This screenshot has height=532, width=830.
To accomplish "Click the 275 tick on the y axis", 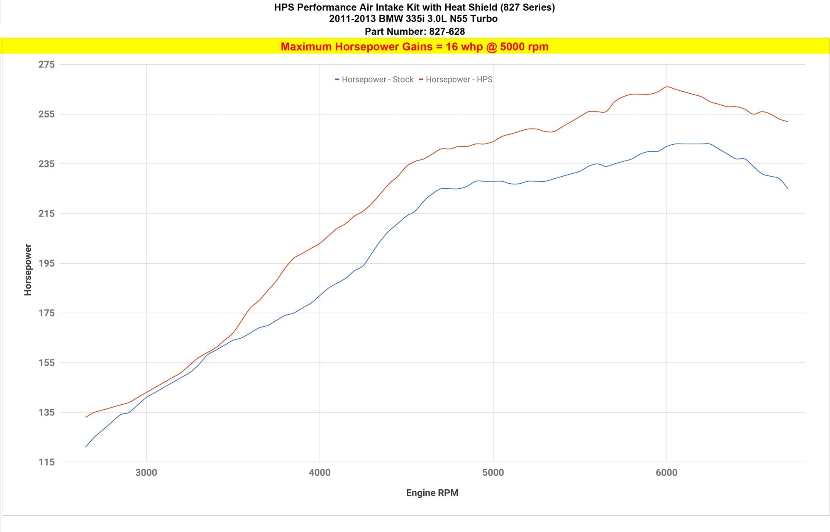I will click(x=46, y=64).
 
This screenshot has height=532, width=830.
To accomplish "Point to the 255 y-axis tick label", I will click(x=46, y=114).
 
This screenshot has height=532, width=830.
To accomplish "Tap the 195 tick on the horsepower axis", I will click(x=46, y=263).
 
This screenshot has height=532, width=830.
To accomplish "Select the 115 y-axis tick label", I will click(x=46, y=462).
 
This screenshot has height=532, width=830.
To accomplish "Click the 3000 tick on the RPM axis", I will click(x=146, y=473).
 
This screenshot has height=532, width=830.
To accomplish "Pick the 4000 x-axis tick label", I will click(x=320, y=473).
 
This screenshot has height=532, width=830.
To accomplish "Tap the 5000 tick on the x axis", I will click(x=493, y=473).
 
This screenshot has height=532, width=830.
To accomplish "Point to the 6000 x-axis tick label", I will click(x=666, y=473).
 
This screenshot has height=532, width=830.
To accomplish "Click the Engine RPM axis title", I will click(x=432, y=493).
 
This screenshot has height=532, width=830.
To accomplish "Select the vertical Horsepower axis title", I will click(x=28, y=270).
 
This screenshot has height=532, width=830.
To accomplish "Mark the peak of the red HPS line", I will click(x=667, y=87).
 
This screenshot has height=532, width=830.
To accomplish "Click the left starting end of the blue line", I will click(x=86, y=447).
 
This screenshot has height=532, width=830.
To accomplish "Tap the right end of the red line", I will click(x=788, y=121).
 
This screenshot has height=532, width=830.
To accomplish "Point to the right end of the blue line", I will click(x=788, y=189).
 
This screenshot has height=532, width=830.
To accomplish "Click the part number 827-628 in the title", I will click(x=447, y=32).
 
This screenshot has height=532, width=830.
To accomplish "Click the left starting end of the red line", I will click(x=86, y=417).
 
